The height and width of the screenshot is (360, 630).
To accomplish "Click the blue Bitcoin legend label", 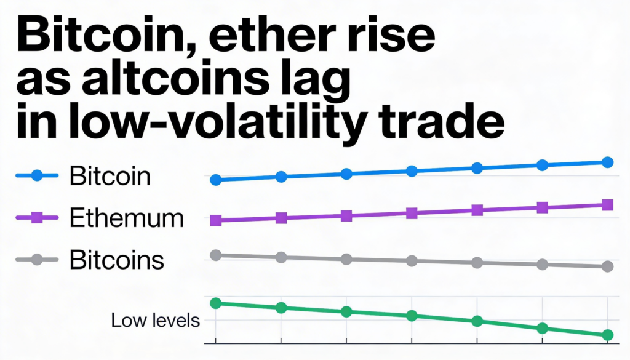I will click(110, 177).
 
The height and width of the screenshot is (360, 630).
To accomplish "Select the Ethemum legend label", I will click(127, 218).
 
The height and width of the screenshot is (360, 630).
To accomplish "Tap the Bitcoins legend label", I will click(117, 260).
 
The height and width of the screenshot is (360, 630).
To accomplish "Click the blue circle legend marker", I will click(36, 176).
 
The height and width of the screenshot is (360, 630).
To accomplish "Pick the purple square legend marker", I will click(36, 218).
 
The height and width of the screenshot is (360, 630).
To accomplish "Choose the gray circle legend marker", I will click(36, 260).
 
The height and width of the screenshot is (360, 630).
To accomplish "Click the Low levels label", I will click(156, 321).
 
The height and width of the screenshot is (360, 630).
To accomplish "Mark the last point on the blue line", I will click(608, 162).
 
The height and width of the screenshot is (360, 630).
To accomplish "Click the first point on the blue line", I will click(216, 180).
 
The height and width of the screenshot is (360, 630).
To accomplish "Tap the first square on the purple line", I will click(216, 220).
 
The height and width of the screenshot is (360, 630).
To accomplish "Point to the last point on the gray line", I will click(608, 266).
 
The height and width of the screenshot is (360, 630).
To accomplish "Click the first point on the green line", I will click(216, 303).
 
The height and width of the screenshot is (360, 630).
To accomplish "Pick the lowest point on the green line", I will click(608, 335).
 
